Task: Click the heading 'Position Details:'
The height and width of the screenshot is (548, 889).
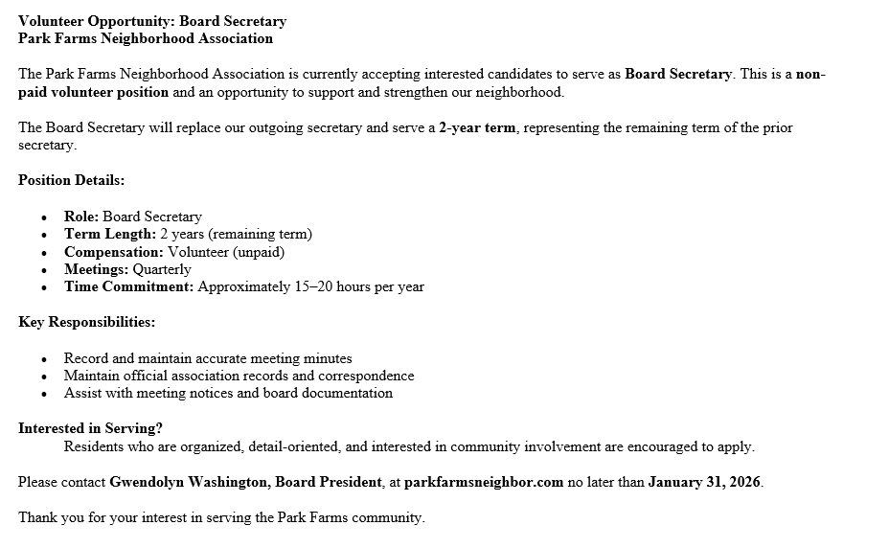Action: coord(71,180)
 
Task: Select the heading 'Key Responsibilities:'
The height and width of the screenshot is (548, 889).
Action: coord(86,322)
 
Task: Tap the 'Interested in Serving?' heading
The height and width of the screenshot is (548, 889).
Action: coord(90,429)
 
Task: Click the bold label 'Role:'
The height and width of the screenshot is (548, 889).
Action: coord(81,217)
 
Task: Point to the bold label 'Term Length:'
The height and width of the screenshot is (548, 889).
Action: coord(109,234)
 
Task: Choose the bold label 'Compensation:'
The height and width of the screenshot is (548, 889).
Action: coord(114,252)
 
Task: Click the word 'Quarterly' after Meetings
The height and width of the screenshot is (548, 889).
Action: coord(162,269)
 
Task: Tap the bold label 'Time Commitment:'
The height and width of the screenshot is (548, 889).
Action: coord(128,286)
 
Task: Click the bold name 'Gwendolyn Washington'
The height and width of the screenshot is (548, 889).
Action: coord(188,482)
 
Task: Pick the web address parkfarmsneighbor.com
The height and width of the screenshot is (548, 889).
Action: coord(484,482)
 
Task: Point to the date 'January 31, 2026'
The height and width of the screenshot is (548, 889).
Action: coord(705,482)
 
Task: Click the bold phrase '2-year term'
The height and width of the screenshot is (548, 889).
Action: coord(477,127)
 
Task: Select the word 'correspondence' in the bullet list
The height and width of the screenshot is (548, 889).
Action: coord(369,376)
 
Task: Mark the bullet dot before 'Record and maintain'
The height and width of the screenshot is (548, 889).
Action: coord(44,359)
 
